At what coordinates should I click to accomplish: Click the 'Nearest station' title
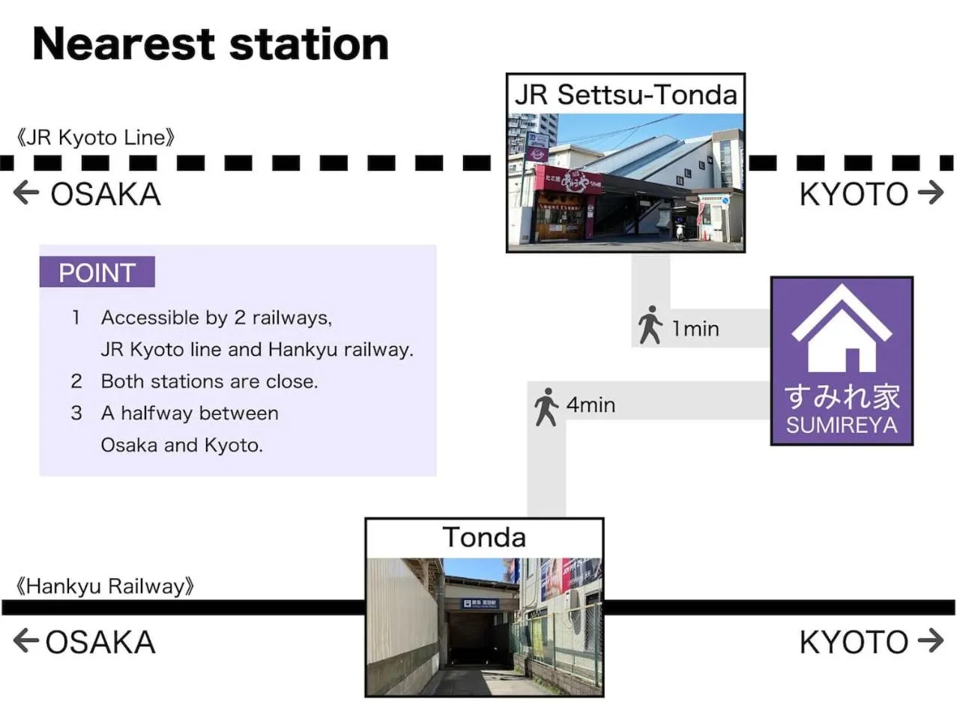point(211,44)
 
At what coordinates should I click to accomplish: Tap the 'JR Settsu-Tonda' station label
point(625,95)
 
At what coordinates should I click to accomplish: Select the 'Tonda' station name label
point(484,538)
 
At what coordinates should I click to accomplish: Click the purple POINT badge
point(97,273)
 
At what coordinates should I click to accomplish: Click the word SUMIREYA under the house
point(842,425)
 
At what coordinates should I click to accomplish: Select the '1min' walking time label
point(695,329)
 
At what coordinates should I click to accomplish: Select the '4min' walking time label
point(591,405)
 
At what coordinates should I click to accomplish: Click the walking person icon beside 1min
point(650,325)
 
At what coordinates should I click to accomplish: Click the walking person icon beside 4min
point(546,407)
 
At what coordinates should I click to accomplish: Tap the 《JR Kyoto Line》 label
point(95,138)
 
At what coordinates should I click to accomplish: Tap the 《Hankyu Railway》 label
point(104,586)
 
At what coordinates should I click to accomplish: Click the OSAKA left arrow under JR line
point(26,193)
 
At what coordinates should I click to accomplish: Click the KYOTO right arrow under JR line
point(931,193)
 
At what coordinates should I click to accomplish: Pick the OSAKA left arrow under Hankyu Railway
point(26,641)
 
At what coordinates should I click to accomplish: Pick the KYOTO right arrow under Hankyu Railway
point(931,641)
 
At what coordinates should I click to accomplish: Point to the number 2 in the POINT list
point(76,381)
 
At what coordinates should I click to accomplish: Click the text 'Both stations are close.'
point(209,381)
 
